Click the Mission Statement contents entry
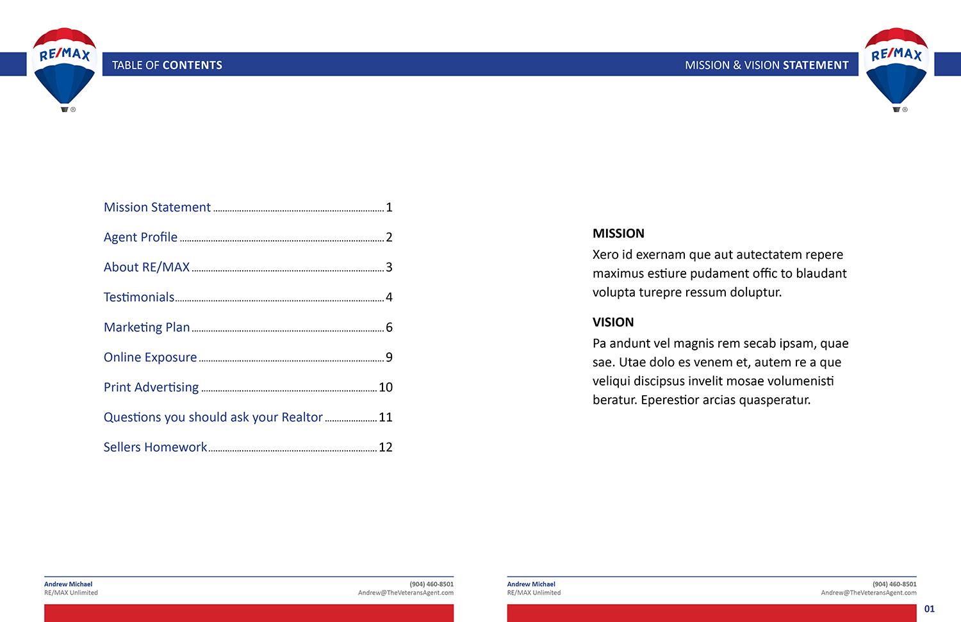pyautogui.click(x=157, y=208)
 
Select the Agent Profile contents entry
pyautogui.click(x=140, y=238)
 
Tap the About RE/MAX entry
pyautogui.click(x=147, y=267)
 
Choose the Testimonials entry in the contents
pyautogui.click(x=139, y=297)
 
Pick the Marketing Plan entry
pyautogui.click(x=147, y=327)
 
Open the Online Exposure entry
pyautogui.click(x=150, y=357)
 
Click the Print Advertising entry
pyautogui.click(x=151, y=388)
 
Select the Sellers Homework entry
pyautogui.click(x=155, y=447)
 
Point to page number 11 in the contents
pyautogui.click(x=386, y=418)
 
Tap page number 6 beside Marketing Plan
pyautogui.click(x=389, y=327)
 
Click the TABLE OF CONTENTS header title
pyautogui.click(x=167, y=65)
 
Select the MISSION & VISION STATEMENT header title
pyautogui.click(x=766, y=65)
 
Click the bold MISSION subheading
pyautogui.click(x=618, y=234)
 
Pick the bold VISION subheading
pyautogui.click(x=613, y=322)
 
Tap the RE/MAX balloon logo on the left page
pyautogui.click(x=64, y=67)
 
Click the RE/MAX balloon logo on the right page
pyautogui.click(x=896, y=67)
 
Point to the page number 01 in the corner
pyautogui.click(x=930, y=609)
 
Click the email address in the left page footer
pyautogui.click(x=406, y=593)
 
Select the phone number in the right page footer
pyautogui.click(x=894, y=584)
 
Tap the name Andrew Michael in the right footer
pyautogui.click(x=531, y=584)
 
